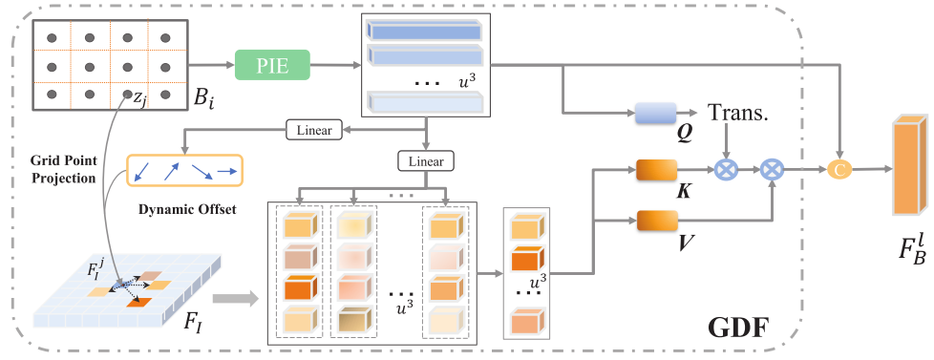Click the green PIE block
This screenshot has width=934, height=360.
(x=273, y=65)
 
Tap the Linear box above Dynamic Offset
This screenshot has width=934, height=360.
(x=314, y=130)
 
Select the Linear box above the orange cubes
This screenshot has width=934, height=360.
(x=426, y=160)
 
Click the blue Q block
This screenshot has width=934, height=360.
(x=655, y=114)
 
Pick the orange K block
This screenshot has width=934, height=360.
(x=657, y=171)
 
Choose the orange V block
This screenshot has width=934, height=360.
(x=657, y=222)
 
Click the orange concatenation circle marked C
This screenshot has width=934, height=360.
(x=839, y=171)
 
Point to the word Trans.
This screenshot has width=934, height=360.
(x=738, y=113)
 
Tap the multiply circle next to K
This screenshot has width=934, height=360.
(x=726, y=171)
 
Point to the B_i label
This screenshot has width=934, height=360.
(x=204, y=97)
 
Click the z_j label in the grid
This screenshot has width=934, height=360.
(x=139, y=99)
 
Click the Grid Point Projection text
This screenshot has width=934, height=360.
(x=63, y=169)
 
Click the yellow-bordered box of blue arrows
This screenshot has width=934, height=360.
(x=184, y=173)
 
